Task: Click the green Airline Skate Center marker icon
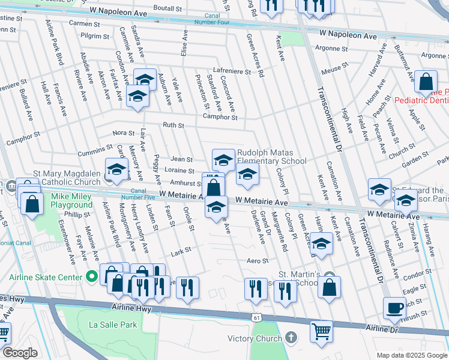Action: [x=91, y=277]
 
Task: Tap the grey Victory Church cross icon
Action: [x=291, y=338]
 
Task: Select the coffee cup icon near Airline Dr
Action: [x=394, y=308]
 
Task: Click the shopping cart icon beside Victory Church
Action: [x=321, y=331]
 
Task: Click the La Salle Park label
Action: [x=113, y=325]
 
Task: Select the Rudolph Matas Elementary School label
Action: [x=271, y=157]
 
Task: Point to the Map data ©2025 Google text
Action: [x=411, y=355]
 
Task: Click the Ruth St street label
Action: [x=173, y=125]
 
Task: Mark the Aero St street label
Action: [x=256, y=261]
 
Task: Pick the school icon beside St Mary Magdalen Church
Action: [x=116, y=170]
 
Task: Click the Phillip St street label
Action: [x=77, y=214]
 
